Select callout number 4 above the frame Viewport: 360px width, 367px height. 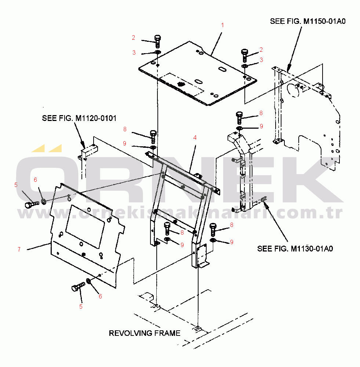[x=195, y=137]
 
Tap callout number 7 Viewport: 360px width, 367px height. [x=19, y=249]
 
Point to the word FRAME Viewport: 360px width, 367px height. [x=168, y=333]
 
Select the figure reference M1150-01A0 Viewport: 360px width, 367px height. [x=324, y=21]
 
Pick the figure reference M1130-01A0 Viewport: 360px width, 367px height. [x=312, y=249]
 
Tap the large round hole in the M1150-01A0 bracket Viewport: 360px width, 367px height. [x=292, y=90]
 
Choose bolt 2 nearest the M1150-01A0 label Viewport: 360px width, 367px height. [x=245, y=55]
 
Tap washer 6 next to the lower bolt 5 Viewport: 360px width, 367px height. [x=88, y=282]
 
